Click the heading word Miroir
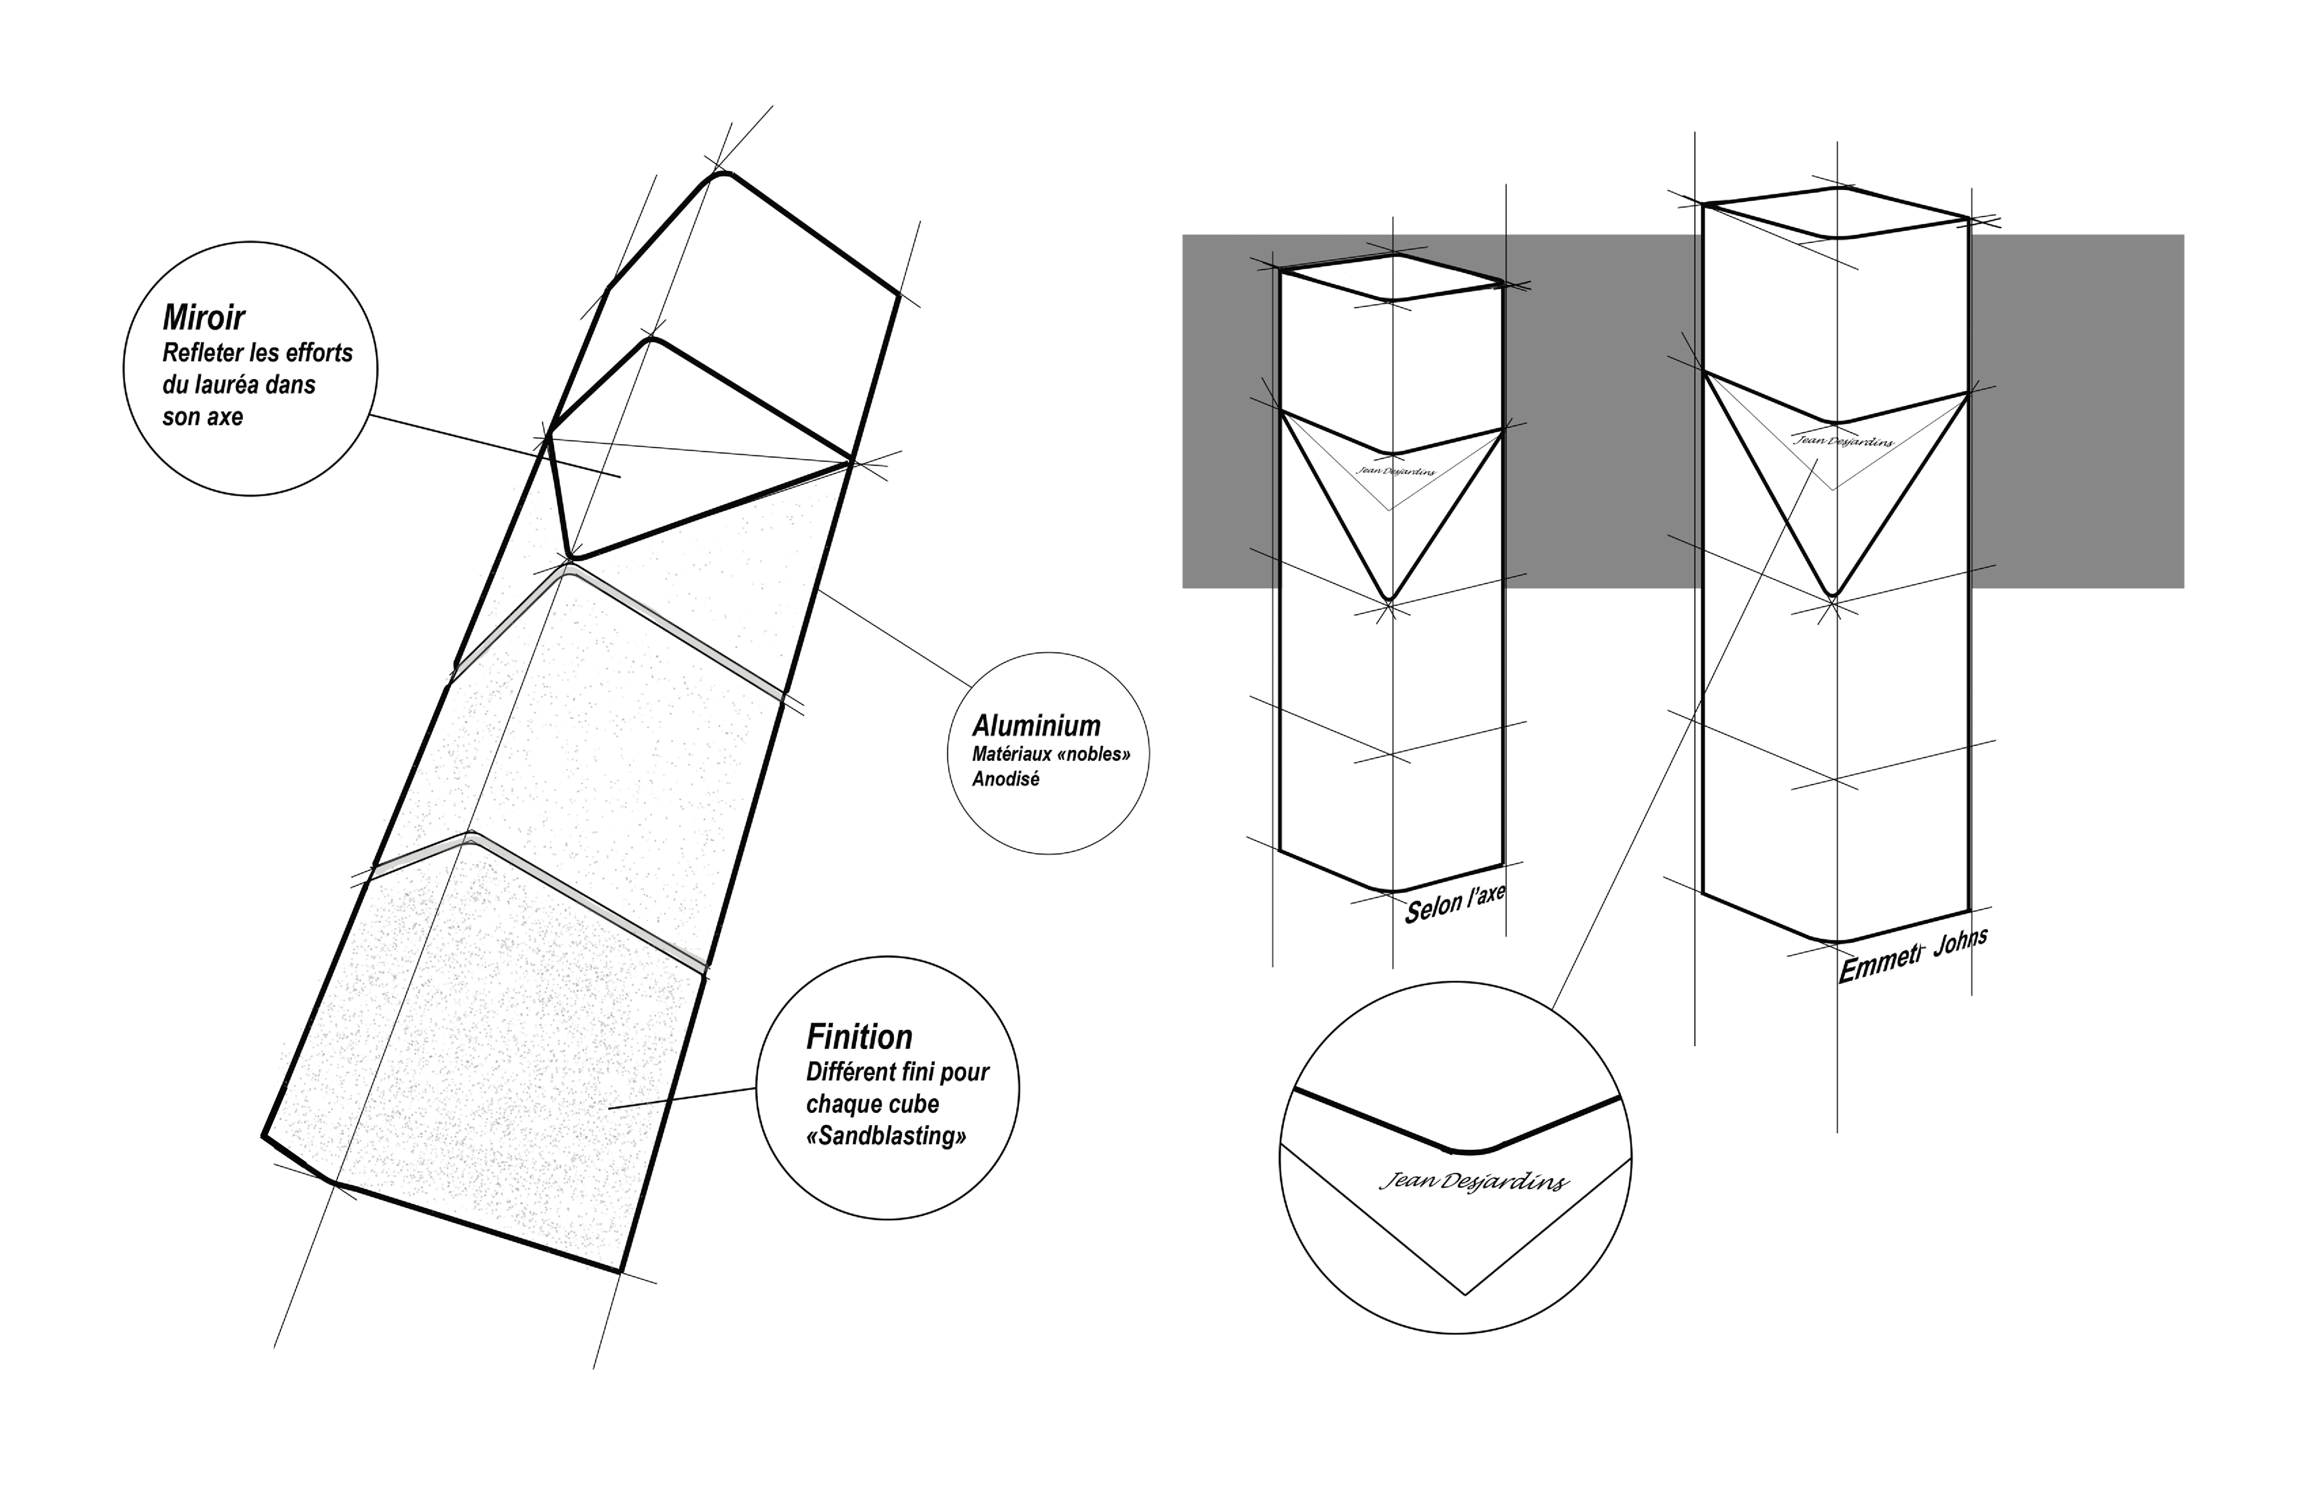pos(204,318)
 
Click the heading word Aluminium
pos(1036,726)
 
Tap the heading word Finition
pos(859,1037)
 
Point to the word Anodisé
pos(1006,780)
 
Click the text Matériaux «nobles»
pos(1051,754)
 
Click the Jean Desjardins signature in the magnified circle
pos(1473,1182)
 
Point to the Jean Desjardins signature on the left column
pos(1396,471)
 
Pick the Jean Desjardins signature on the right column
pos(1842,441)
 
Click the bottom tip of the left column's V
pos(1390,598)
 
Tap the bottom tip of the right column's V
pos(1832,594)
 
